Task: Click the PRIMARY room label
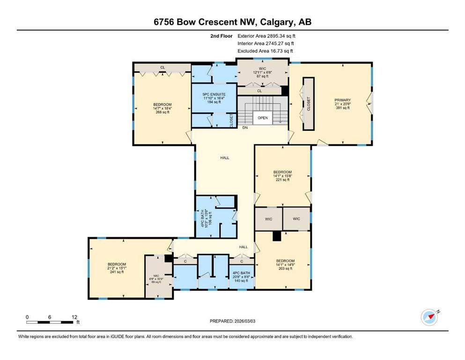pyautogui.click(x=342, y=100)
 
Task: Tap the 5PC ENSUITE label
pyautogui.click(x=214, y=94)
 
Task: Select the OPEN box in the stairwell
pyautogui.click(x=262, y=118)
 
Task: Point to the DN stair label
pyautogui.click(x=245, y=127)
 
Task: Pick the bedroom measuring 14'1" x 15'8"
pyautogui.click(x=283, y=176)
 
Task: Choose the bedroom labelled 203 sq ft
pyautogui.click(x=285, y=265)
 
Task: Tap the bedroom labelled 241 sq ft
pyautogui.click(x=117, y=268)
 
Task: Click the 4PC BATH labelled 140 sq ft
pyautogui.click(x=241, y=277)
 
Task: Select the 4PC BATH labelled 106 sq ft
pyautogui.click(x=207, y=219)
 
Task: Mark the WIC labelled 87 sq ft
pyautogui.click(x=262, y=72)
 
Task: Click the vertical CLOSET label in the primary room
pyautogui.click(x=309, y=104)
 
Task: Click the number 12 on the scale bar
pyautogui.click(x=74, y=317)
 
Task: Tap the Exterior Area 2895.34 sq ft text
pyautogui.click(x=266, y=36)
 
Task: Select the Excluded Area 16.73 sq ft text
pyautogui.click(x=265, y=51)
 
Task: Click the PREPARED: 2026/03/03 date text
pyautogui.click(x=232, y=321)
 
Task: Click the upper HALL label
pyautogui.click(x=225, y=158)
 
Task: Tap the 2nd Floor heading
pyautogui.click(x=221, y=36)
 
